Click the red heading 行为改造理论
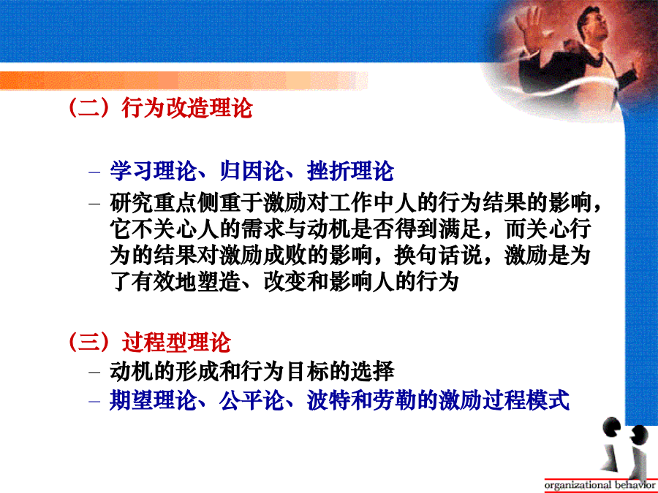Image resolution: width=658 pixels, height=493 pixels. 187,108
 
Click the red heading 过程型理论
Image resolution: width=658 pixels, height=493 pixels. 176,342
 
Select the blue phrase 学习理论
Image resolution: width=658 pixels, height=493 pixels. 154,171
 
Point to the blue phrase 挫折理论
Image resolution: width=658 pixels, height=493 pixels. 350,171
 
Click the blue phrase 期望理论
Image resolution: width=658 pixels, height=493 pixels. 154,400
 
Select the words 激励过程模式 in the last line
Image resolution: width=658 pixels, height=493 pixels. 504,400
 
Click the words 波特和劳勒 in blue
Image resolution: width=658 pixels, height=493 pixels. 361,400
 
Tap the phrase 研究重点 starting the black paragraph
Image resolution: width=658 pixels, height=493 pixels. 154,203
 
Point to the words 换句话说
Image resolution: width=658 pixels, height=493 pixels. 438,256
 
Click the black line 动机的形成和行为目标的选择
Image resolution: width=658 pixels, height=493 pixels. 252,372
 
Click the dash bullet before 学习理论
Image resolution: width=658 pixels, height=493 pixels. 94,172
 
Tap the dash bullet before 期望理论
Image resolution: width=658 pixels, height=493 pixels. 94,401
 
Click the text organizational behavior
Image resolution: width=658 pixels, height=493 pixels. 600,485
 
